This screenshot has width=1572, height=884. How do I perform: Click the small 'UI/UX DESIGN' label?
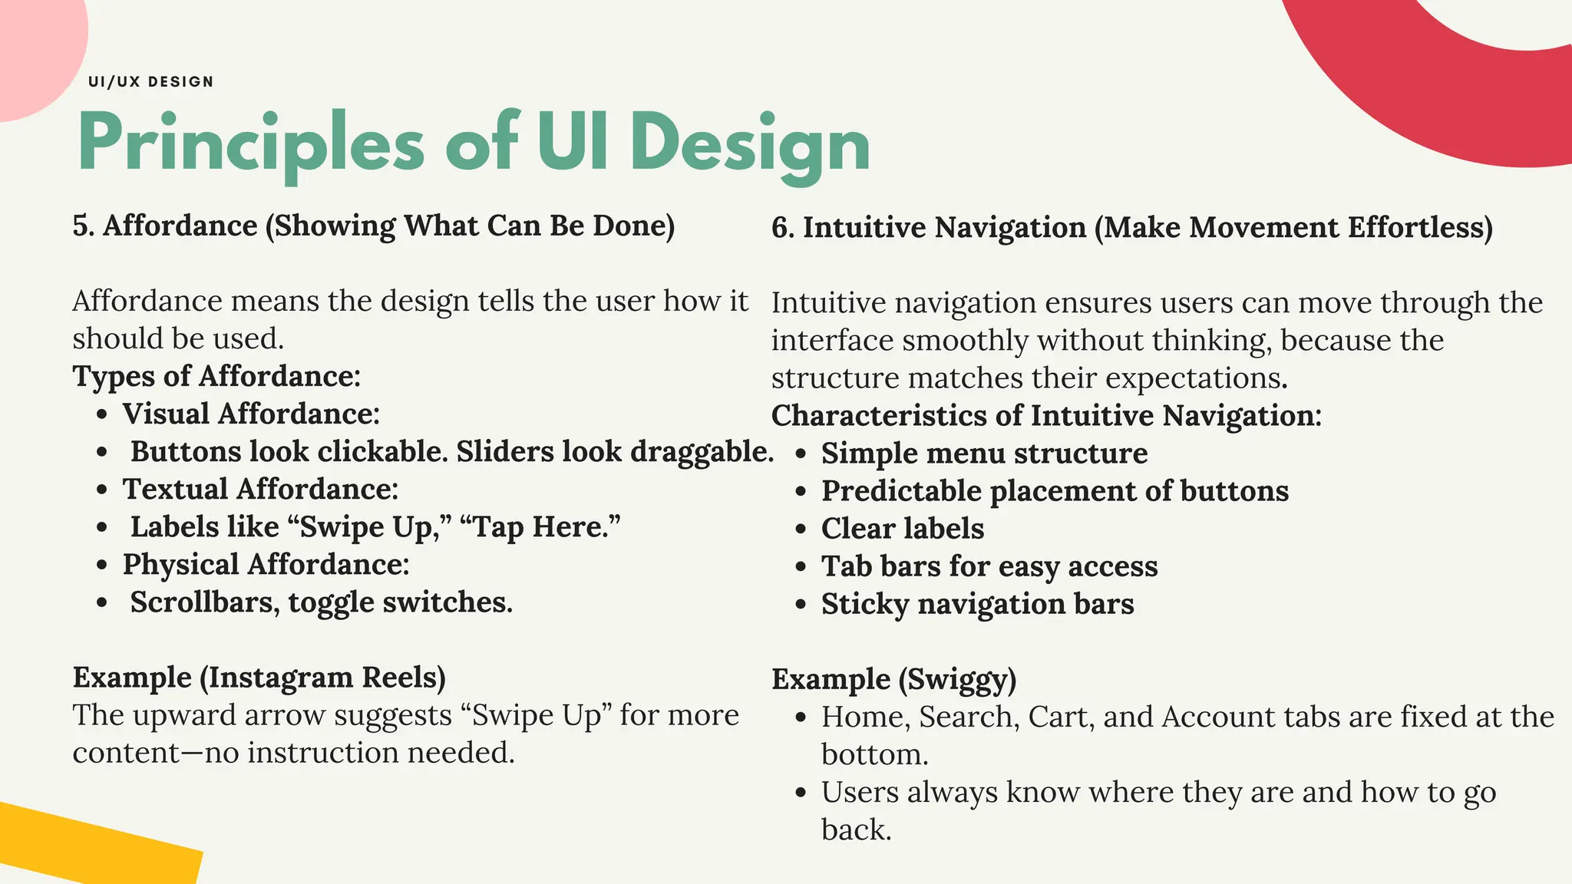click(150, 81)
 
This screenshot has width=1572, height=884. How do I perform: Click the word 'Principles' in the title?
click(250, 143)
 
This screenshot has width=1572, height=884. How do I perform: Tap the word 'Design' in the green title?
click(750, 143)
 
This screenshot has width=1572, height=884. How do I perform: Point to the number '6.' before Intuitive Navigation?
click(783, 229)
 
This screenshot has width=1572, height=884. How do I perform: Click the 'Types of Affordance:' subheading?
click(216, 376)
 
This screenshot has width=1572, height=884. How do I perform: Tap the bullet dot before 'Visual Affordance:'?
click(102, 415)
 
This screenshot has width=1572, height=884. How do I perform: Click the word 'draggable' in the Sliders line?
click(702, 451)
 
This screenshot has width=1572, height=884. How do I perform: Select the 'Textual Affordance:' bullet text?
click(260, 489)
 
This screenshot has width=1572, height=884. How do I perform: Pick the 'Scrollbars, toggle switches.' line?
click(321, 602)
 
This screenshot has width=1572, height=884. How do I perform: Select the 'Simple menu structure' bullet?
click(984, 454)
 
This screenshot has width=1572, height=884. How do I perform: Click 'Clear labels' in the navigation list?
click(902, 529)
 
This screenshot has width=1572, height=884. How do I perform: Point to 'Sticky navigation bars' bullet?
click(977, 604)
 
